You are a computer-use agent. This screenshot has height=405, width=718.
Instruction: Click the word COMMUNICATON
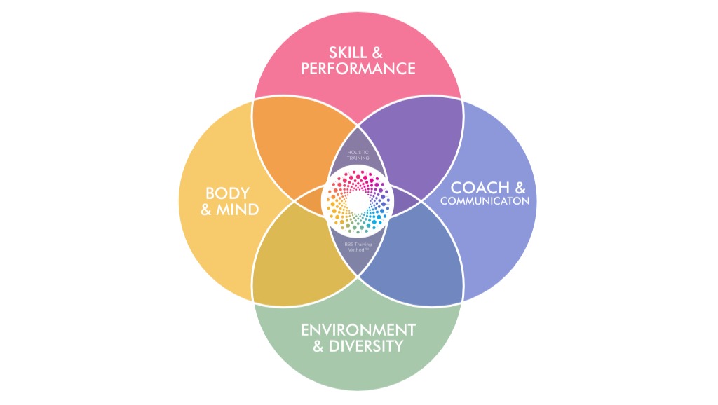485,202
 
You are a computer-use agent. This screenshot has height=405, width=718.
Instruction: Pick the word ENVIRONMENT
358,329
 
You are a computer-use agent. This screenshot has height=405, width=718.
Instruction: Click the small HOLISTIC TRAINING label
358,155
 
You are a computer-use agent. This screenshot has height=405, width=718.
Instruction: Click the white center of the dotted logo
358,202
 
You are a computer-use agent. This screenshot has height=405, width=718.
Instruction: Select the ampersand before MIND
207,209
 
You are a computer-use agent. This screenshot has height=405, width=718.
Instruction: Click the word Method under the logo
356,250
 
